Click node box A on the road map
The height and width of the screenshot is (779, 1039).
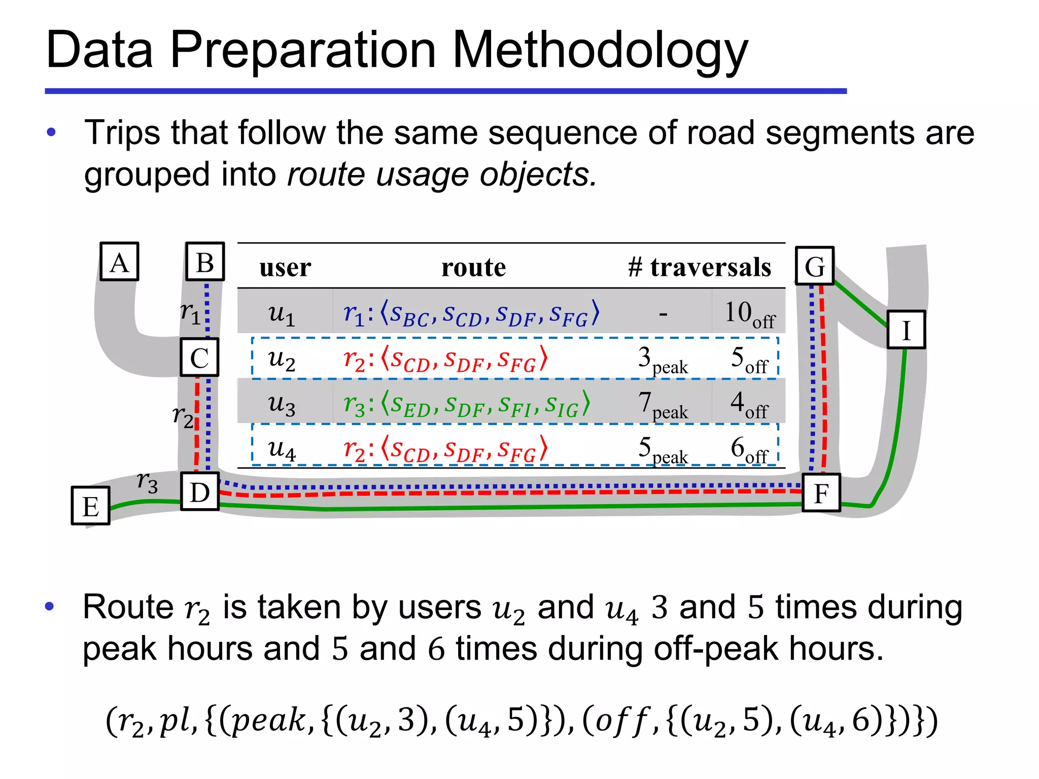(119, 262)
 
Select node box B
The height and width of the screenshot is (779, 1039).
(205, 262)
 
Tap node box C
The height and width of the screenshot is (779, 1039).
(199, 357)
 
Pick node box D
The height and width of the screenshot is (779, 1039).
(200, 491)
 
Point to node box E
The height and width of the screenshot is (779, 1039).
(91, 506)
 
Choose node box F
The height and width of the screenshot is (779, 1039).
(821, 493)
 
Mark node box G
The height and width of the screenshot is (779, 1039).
(815, 266)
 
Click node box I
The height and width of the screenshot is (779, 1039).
(906, 330)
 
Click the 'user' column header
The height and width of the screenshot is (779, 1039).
(285, 267)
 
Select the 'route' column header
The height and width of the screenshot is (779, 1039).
(473, 267)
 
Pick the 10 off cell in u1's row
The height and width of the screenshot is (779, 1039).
(749, 314)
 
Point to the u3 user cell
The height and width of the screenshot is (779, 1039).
(282, 404)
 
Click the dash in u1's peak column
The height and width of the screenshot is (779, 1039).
(663, 314)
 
